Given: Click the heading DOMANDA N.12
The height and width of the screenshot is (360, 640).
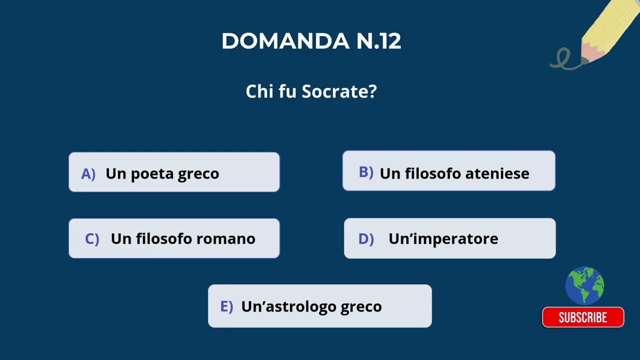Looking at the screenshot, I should coord(311,41).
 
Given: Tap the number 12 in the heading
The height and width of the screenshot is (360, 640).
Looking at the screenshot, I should coord(390,41).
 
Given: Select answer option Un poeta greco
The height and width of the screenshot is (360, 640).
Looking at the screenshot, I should coord(174,172).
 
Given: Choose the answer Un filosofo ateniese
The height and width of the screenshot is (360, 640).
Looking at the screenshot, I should coord(448,171).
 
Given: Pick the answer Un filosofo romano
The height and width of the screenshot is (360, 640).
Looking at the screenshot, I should coord(174,238).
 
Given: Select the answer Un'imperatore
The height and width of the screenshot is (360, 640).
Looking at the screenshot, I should coord(449,238).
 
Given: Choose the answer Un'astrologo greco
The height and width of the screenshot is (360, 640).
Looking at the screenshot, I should coord(319,306).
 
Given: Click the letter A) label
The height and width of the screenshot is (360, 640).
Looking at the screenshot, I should coord(88,174).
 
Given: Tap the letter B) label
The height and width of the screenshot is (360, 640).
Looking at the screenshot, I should coord(366,172).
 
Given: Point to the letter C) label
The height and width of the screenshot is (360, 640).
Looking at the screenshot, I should coord(92,239).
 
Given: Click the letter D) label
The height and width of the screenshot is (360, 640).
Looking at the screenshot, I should coord(366,239).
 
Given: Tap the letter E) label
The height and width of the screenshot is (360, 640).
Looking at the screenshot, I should coord(226,306).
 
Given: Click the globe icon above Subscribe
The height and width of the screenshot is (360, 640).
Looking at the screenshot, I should coord(584,285).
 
